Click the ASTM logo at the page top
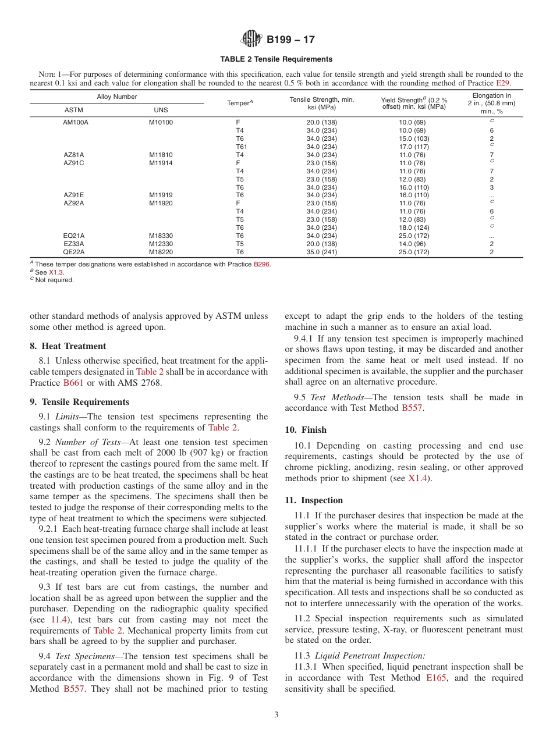(251, 39)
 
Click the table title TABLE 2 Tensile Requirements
(276, 59)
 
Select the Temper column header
(240, 103)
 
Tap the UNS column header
(161, 109)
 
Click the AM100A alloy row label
(76, 123)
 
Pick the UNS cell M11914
(161, 163)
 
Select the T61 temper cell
(241, 147)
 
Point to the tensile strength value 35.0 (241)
(321, 252)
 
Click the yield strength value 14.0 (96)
(412, 244)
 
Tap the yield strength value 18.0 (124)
(413, 228)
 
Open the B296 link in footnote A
(261, 264)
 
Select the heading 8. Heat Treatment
(68, 346)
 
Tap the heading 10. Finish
(306, 430)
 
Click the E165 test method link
(436, 678)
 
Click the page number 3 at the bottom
(276, 715)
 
